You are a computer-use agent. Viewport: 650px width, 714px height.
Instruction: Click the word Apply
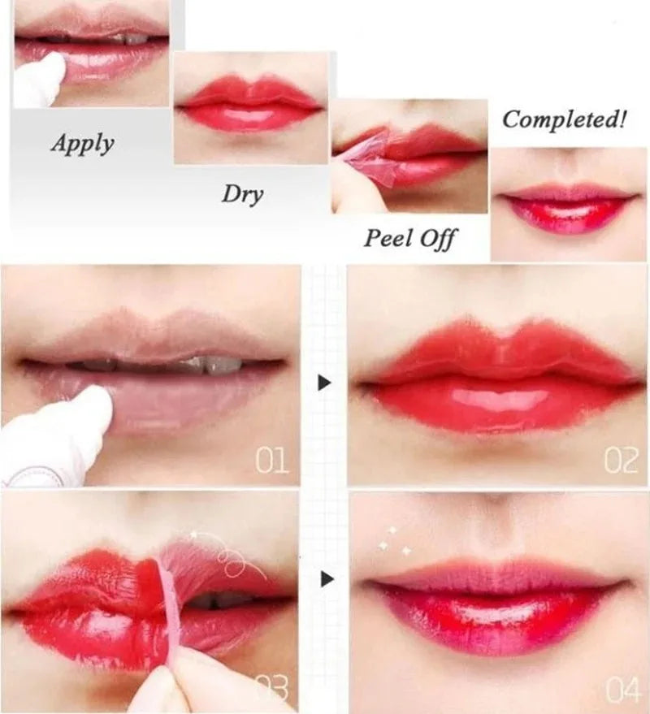point(82,144)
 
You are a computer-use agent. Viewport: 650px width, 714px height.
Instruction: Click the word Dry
point(242,195)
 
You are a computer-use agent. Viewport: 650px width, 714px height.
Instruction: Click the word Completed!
point(565,120)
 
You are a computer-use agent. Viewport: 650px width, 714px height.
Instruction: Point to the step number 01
point(272,461)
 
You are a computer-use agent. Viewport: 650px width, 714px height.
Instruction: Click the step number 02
point(621,461)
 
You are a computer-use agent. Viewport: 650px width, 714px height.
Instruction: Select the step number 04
point(622,693)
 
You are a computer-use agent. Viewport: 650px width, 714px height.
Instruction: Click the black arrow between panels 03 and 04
point(327,579)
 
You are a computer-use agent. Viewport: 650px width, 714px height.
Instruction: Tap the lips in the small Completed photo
point(568,206)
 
